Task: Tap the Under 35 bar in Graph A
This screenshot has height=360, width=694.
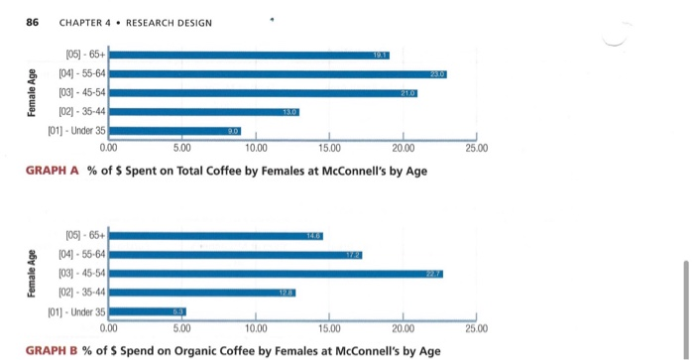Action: pyautogui.click(x=174, y=129)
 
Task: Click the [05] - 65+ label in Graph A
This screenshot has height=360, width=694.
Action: pyautogui.click(x=85, y=55)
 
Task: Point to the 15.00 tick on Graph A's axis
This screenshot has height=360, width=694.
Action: pyautogui.click(x=330, y=148)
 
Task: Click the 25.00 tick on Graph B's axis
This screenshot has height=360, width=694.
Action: pyautogui.click(x=477, y=326)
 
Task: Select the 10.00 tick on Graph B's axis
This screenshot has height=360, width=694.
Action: pyautogui.click(x=256, y=326)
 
